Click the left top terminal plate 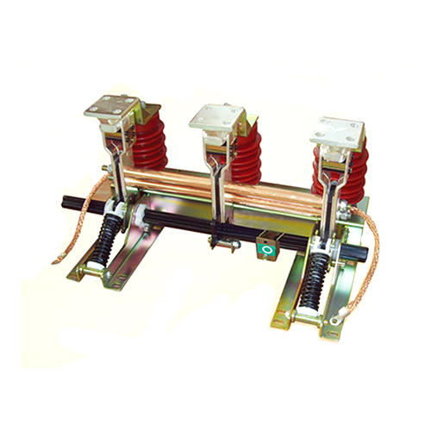click(110, 109)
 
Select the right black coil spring click(317, 275)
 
